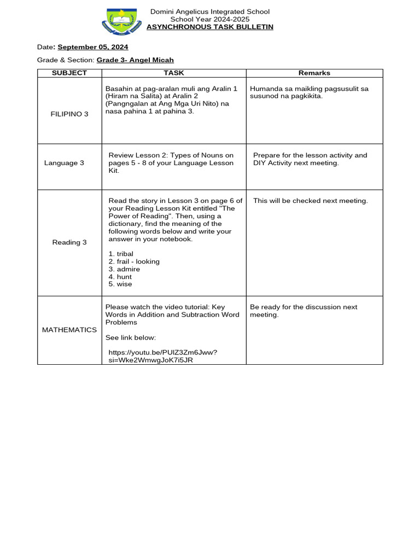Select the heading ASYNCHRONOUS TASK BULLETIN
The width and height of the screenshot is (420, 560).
click(210, 27)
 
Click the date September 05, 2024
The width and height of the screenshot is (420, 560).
click(93, 47)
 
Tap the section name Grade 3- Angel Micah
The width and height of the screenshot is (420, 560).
click(135, 60)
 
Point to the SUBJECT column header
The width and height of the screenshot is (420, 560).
click(69, 73)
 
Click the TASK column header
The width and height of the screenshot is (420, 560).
click(174, 73)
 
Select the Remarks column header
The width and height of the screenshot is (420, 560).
click(314, 73)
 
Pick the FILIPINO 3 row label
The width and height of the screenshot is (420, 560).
click(69, 114)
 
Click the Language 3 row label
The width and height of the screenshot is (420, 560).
click(64, 163)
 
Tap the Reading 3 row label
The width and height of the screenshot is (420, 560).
click(69, 242)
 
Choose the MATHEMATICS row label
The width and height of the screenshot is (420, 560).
click(69, 330)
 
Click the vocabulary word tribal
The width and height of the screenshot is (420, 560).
click(125, 254)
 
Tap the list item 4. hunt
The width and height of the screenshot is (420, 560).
click(120, 277)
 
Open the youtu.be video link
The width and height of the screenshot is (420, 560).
click(162, 357)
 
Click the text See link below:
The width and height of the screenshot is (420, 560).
click(131, 337)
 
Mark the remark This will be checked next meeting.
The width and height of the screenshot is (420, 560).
click(311, 201)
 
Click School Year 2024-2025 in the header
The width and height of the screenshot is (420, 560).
click(210, 19)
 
